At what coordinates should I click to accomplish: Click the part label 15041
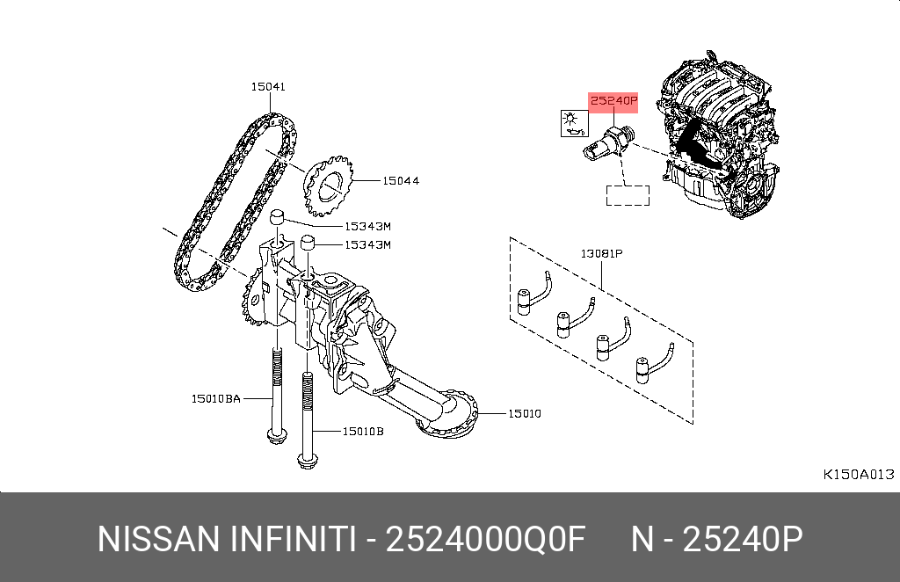tap(268, 87)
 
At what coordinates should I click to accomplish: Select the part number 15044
tap(401, 181)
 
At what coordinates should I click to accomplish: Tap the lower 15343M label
tap(367, 244)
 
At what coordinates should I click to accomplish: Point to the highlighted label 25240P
tap(612, 101)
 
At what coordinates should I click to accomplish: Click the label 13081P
tap(600, 254)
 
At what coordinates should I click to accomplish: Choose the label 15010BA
tap(216, 399)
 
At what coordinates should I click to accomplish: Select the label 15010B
tap(362, 431)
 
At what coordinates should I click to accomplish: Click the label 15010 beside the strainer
tap(524, 412)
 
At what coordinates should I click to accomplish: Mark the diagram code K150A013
tap(858, 474)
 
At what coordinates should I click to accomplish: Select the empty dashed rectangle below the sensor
tap(628, 195)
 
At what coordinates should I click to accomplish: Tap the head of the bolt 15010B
tap(307, 458)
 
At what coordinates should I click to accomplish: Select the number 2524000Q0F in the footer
tap(486, 540)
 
